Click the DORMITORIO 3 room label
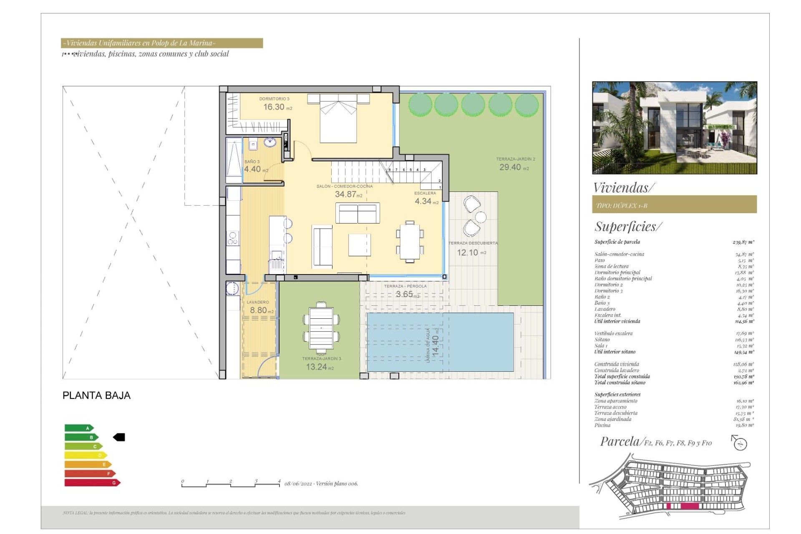point(274,99)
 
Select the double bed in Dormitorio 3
point(338,119)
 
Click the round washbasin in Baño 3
point(270,143)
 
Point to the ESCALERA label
point(425,193)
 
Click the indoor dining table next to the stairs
point(410,242)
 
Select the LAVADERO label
point(258,302)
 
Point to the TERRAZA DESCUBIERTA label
point(473,243)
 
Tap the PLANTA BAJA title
point(96,395)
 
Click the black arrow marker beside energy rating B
point(119,437)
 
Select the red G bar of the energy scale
point(92,483)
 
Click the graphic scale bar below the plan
point(231,484)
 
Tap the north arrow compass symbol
point(740,443)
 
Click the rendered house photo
point(674,128)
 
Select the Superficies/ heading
point(628,227)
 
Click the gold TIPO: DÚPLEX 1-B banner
point(674,205)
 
